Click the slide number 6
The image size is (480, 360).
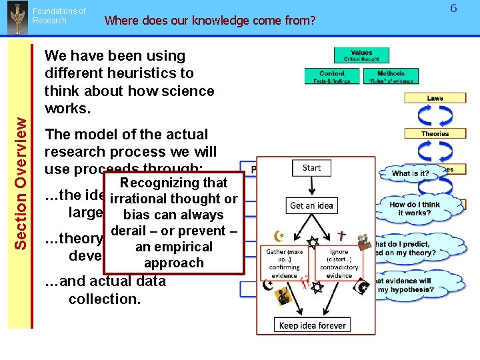453,9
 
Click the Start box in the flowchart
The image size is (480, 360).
311,168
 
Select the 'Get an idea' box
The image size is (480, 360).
311,205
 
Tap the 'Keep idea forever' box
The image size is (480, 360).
313,325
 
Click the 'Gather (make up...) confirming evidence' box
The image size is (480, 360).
285,263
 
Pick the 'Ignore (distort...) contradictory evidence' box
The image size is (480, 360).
339,263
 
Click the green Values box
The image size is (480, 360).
361,55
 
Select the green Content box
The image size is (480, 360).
331,77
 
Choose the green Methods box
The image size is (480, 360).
391,77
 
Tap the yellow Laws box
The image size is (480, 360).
435,98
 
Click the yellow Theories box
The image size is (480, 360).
435,133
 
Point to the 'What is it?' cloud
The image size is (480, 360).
411,173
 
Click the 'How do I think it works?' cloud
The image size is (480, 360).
415,209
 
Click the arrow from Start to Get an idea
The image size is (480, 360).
311,187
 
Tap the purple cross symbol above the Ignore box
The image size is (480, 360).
342,235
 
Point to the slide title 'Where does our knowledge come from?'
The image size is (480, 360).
210,20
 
